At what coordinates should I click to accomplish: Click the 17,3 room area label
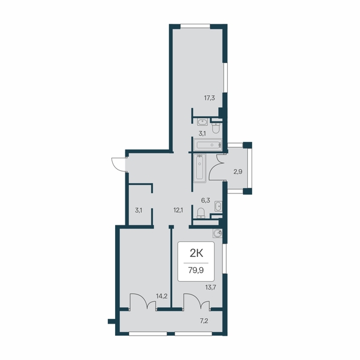coord(209,98)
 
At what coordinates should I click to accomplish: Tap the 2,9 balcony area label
coord(238,172)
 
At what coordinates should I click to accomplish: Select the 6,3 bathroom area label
coord(205,201)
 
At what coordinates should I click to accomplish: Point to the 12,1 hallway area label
coord(178,210)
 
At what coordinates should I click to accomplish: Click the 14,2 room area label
coord(162,296)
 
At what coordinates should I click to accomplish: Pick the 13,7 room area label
coord(211,287)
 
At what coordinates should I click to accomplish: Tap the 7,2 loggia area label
coord(204,321)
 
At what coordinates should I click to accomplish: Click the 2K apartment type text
coord(196,254)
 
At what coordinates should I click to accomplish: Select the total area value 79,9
coord(196,270)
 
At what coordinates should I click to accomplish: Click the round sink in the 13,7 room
coord(217,233)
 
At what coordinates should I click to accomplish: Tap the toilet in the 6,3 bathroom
coord(201,213)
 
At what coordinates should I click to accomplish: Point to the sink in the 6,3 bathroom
coord(218,206)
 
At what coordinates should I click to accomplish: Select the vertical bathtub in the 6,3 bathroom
coord(200,168)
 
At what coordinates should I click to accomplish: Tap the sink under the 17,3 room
coord(202,122)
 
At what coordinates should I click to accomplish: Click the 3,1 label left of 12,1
coord(138,210)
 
